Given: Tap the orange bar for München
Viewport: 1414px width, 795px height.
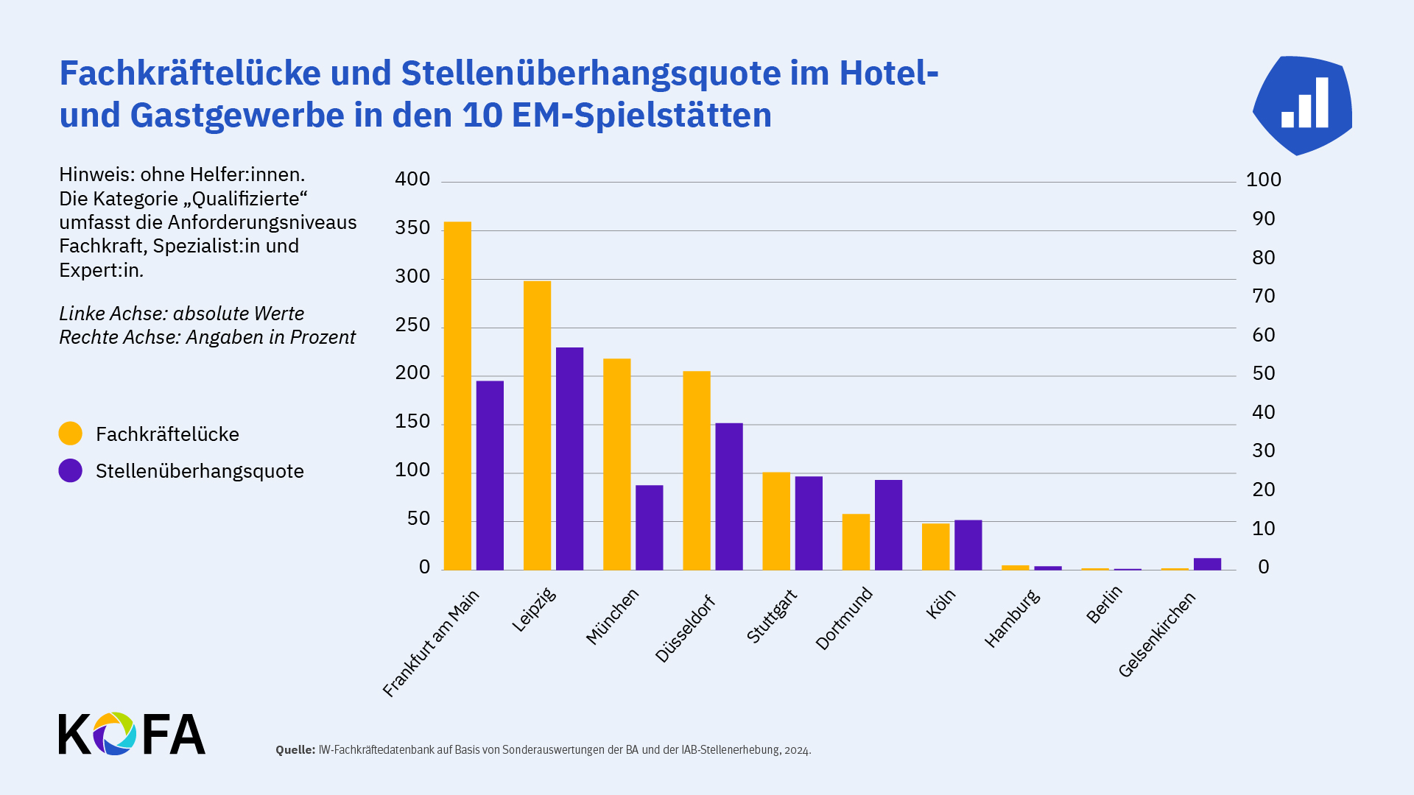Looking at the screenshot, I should pos(616,464).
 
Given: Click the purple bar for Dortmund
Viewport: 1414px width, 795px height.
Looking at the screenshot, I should pos(888,525).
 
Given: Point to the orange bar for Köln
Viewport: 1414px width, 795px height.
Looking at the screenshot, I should pos(935,547).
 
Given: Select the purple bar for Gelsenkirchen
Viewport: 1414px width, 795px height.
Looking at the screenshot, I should pos(1207,564).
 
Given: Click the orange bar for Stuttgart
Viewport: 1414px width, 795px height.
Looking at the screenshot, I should pos(776,521).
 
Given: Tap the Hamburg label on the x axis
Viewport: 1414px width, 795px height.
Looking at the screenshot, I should pos(1012,619).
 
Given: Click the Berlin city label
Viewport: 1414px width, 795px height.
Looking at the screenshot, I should pos(1104,604).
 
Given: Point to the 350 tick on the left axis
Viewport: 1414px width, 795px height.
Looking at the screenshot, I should pos(412,228).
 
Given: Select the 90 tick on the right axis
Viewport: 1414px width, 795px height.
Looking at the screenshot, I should pos(1264,219).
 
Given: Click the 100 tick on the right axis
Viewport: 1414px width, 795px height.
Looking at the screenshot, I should pos(1264,180).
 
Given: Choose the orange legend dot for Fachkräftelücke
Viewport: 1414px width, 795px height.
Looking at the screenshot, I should pos(71,434).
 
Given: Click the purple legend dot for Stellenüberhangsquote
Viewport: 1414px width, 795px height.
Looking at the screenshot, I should pos(71,470).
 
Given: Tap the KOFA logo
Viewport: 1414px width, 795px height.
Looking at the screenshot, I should pos(132,734).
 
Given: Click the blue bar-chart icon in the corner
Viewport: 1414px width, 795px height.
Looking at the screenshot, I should pos(1302,105).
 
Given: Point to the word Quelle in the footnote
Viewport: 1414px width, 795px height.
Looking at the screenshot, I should pos(295,750).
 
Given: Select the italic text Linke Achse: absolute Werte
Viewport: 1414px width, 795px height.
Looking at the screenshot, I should pos(181,314).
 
